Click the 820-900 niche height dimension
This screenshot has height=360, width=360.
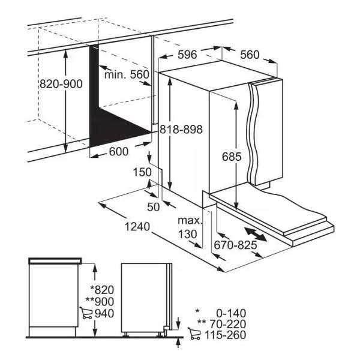pyautogui.click(x=61, y=84)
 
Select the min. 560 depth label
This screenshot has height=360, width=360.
pyautogui.click(x=127, y=74)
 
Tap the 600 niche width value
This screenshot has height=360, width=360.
pyautogui.click(x=119, y=152)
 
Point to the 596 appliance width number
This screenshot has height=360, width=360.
pyautogui.click(x=188, y=55)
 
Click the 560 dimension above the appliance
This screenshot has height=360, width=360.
pyautogui.click(x=250, y=55)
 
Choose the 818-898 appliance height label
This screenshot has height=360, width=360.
pyautogui.click(x=181, y=130)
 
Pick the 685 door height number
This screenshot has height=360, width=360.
pyautogui.click(x=232, y=157)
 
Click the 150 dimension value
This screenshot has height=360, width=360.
pyautogui.click(x=142, y=172)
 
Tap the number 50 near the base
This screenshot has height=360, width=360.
pyautogui.click(x=153, y=207)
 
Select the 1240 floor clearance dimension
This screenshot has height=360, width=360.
pyautogui.click(x=137, y=227)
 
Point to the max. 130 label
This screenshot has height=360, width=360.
pyautogui.click(x=190, y=227)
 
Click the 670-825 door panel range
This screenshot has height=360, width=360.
pyautogui.click(x=235, y=245)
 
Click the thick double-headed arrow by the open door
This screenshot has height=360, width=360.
pyautogui.click(x=256, y=235)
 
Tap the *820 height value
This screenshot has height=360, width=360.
pyautogui.click(x=102, y=290)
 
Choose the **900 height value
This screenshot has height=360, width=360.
pyautogui.click(x=100, y=302)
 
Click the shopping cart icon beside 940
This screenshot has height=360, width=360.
pyautogui.click(x=86, y=313)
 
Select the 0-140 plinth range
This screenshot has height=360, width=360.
pyautogui.click(x=231, y=313)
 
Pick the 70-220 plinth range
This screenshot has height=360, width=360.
pyautogui.click(x=228, y=324)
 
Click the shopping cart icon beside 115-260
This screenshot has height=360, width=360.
pyautogui.click(x=194, y=334)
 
